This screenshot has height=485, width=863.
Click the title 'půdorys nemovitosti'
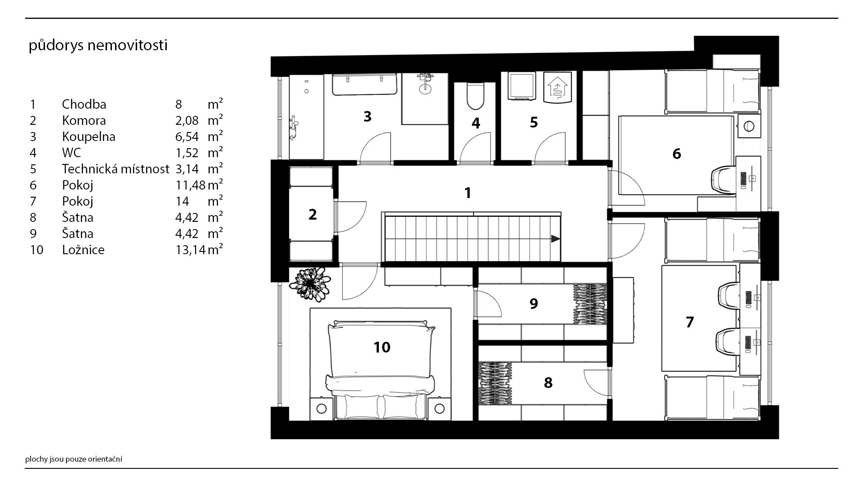pos(98,46)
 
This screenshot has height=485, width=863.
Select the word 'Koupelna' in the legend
pos(89,137)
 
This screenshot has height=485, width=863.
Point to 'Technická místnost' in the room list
pos(116,169)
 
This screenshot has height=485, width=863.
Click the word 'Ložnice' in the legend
pos(83,250)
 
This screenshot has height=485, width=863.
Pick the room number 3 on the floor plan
pos(367,117)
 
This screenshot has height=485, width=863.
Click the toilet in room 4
pos(475,97)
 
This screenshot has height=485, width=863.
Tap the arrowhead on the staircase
pos(556,239)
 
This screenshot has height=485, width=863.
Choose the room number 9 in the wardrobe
pos(534,304)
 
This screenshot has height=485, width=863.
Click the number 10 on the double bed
pos(382,347)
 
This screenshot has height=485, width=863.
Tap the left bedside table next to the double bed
pos(322,409)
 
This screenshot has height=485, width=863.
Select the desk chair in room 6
pos(725,179)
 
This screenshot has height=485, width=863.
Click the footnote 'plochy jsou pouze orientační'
pos(74,459)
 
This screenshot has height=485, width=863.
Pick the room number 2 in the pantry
pos(312,215)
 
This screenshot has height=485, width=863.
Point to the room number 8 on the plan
pos(548,383)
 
